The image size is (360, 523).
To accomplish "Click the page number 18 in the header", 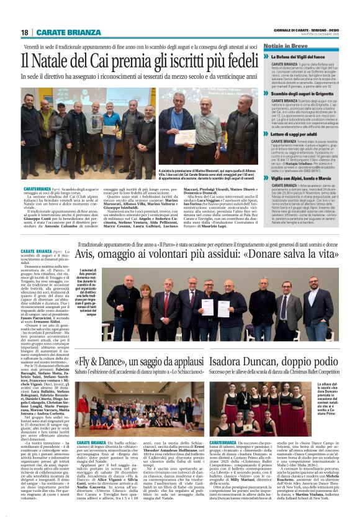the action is pos(24,32).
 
